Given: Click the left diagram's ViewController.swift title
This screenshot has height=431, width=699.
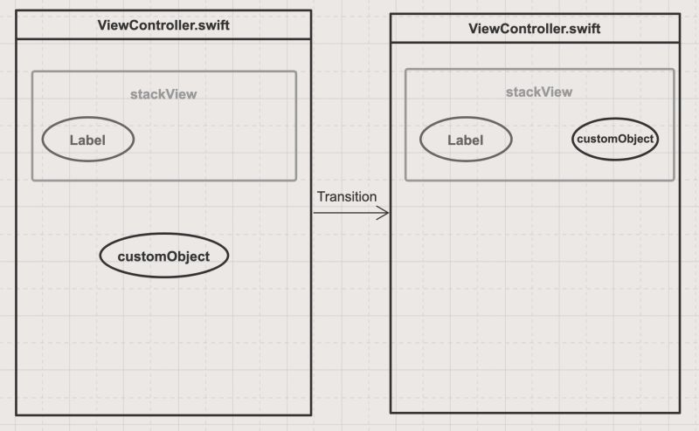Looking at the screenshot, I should coord(163,24).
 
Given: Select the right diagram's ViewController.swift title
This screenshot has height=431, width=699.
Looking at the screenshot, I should coord(534,28).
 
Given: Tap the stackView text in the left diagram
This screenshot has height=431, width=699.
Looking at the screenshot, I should coord(163,94).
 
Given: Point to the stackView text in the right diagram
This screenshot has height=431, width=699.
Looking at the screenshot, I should coord(539,92).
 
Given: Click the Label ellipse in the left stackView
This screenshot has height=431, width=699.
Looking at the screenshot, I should coord(87,140).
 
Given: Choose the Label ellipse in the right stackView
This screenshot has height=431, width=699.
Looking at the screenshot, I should coord(465,140).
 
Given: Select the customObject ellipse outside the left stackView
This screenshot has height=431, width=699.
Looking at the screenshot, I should coord(164,257).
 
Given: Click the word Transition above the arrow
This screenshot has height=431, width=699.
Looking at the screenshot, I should coord(347,196).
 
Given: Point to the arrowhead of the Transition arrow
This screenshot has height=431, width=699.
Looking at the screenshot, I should coord(387,213).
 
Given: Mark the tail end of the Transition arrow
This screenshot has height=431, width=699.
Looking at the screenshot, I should coord(315,213).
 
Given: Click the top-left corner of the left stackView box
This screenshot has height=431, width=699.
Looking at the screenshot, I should coord(32,72).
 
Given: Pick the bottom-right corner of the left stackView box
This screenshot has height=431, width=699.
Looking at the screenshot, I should coord(296,180).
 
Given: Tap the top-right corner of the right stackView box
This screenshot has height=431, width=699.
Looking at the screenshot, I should coord(675,70).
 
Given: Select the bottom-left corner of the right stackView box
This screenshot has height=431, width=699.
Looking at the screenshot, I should coord(405,181).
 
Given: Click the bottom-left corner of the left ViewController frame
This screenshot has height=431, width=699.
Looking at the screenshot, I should coord(17,414).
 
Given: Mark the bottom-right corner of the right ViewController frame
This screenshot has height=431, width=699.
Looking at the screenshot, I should coord(679,412).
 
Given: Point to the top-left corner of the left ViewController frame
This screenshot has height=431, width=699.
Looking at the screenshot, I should coord(17,10).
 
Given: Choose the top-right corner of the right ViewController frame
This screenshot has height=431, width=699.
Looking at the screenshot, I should coord(679,15).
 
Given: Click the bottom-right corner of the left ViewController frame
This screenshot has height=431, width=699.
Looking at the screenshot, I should coord(311,414).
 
